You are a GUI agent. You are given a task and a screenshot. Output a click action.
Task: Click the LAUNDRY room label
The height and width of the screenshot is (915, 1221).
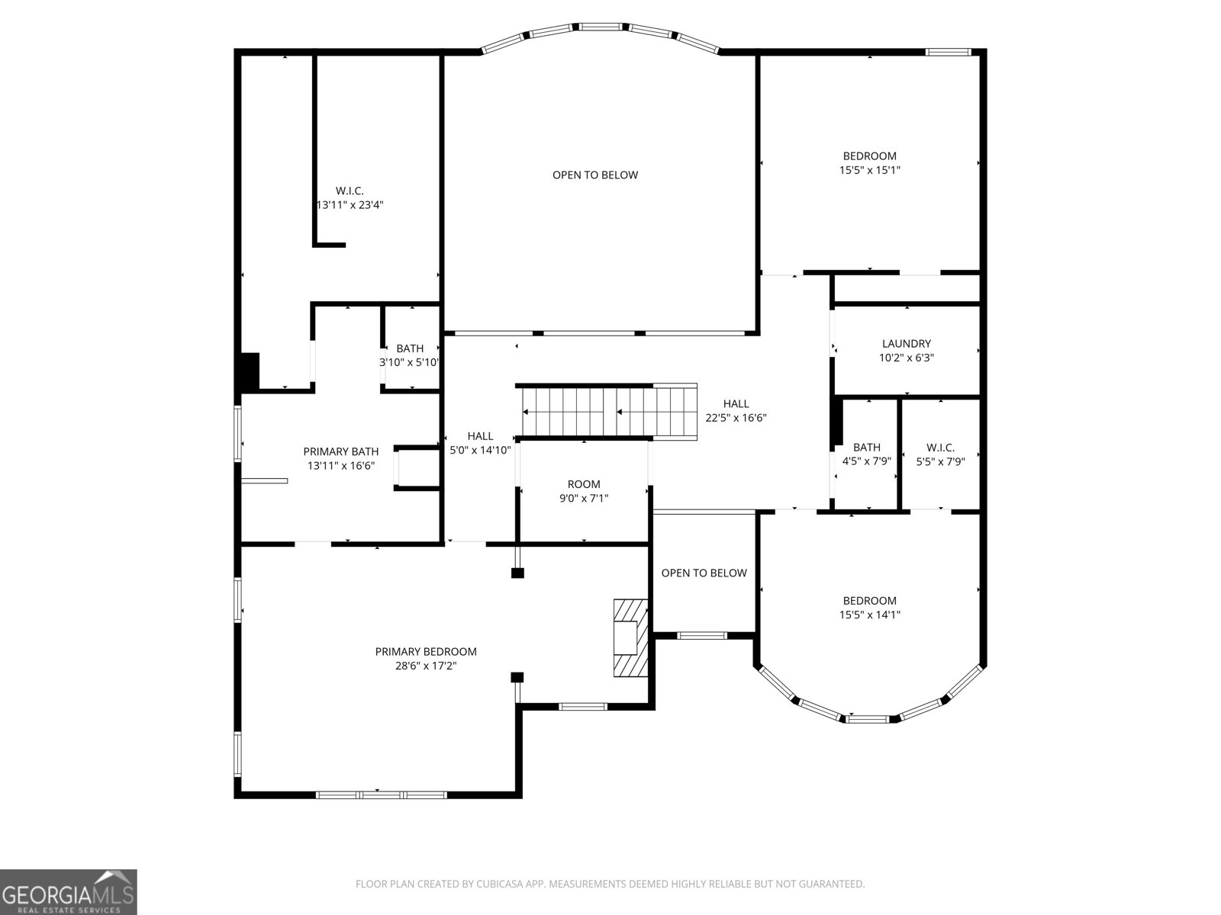[906, 344]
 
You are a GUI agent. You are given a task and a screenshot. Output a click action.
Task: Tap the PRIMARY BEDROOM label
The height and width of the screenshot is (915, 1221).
[426, 651]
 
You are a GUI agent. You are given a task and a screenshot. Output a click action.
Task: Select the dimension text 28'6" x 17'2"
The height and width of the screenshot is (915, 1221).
[426, 666]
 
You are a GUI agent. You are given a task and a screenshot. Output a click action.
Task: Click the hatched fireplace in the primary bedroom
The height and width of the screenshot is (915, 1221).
[630, 637]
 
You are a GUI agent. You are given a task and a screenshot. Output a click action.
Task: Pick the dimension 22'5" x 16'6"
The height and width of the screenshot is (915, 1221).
[736, 418]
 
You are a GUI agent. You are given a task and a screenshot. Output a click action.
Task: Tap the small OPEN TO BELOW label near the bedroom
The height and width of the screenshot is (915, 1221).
[704, 573]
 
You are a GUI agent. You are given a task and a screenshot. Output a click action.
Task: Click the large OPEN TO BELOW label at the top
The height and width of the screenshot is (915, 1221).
[594, 175]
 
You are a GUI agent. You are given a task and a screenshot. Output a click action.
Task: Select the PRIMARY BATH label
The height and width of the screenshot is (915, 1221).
[340, 451]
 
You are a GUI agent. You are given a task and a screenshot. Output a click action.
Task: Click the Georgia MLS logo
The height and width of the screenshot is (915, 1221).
[68, 891]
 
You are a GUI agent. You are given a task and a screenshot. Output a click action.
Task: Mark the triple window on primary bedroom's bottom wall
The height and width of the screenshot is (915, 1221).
[381, 795]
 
